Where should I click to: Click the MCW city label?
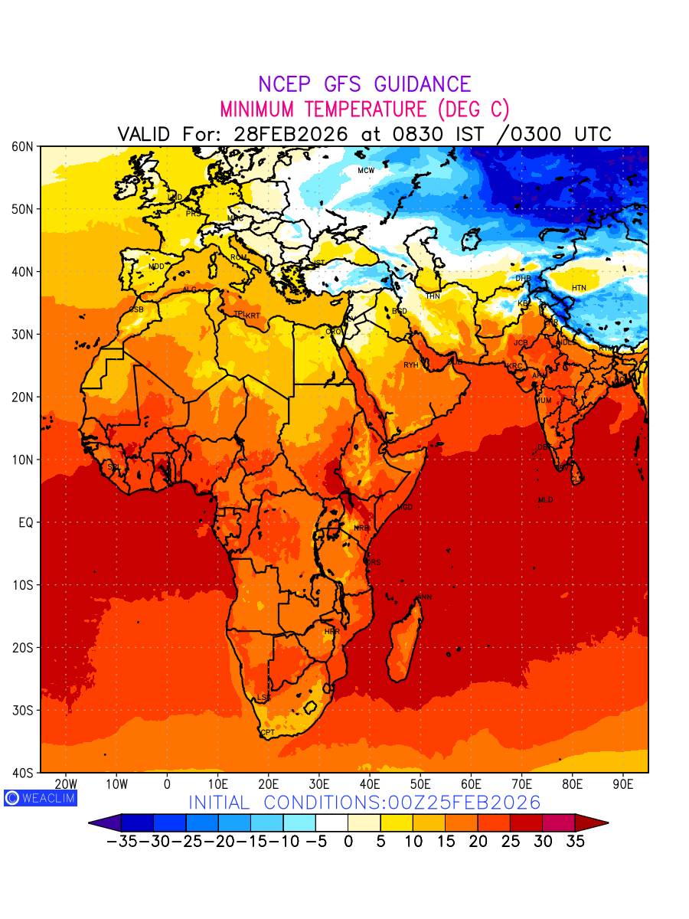(366, 170)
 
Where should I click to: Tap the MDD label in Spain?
(156, 267)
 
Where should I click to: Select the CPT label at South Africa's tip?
(267, 733)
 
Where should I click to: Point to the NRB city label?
(361, 528)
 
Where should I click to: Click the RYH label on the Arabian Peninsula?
(411, 365)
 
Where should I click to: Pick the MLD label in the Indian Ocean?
(545, 500)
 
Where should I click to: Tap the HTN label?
(579, 288)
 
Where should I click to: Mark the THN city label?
(433, 296)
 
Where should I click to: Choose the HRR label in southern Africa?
(331, 632)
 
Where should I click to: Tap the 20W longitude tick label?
(67, 784)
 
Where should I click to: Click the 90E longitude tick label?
(623, 784)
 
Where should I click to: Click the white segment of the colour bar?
(331, 823)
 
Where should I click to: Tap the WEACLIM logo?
(40, 797)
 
